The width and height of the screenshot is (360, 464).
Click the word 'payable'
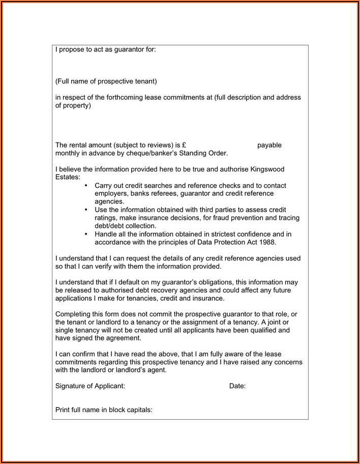tap(269, 145)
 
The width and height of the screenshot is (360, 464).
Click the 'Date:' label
tap(237, 386)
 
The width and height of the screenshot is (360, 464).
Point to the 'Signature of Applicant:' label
tap(90, 386)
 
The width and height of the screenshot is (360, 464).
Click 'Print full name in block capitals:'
tap(104, 410)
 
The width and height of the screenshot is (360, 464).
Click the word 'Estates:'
tap(68, 177)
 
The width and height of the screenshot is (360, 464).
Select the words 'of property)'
tap(73, 105)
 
